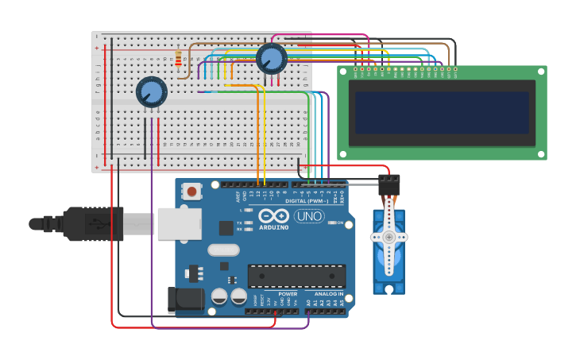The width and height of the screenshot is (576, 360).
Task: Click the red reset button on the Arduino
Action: pos(191,192)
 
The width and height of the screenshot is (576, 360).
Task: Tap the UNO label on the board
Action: pos(309,216)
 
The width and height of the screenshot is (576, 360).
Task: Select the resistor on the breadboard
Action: pos(177,59)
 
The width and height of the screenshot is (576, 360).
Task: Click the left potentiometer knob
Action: pos(151,91)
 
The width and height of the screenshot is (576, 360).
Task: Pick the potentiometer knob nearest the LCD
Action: pos(271,58)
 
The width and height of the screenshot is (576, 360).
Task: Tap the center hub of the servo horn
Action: pos(389,237)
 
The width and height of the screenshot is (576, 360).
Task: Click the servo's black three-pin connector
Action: pos(389,185)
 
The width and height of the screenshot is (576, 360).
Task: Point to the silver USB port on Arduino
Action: pos(179,223)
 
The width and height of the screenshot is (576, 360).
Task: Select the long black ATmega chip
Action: pos(296,276)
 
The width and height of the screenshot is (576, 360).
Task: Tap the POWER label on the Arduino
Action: pos(288,294)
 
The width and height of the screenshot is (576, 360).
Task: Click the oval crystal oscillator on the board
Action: pos(223,250)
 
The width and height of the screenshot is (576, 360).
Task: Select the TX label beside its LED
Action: pos(240,223)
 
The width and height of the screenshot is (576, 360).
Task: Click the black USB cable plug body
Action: pos(94,223)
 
